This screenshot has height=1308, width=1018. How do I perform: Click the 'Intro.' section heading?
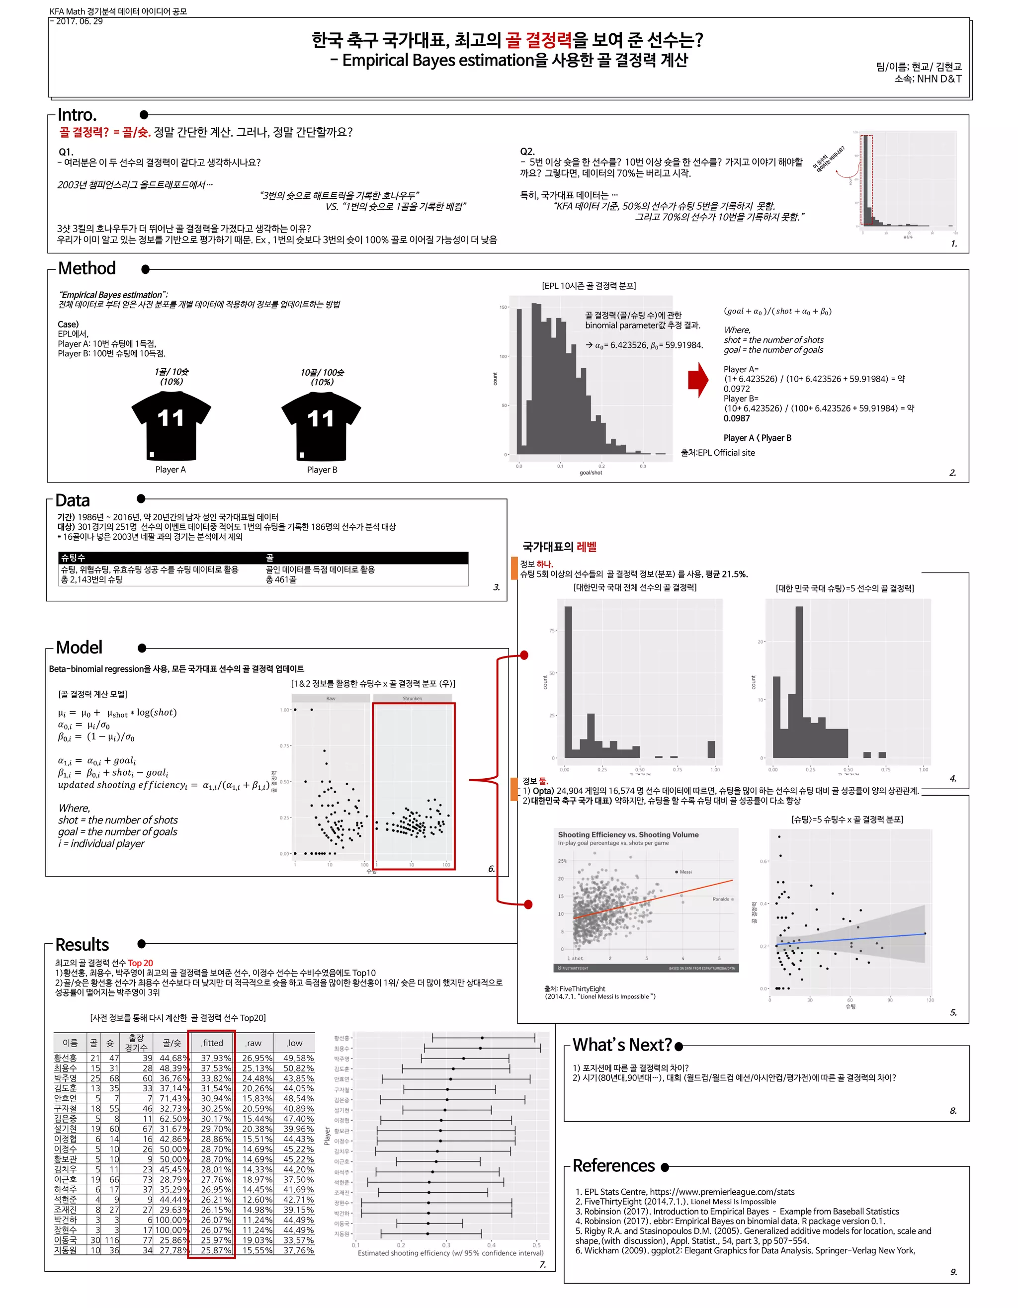point(77,114)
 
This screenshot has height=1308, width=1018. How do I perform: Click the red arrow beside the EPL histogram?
point(698,380)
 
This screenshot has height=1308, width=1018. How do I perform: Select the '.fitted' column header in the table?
point(212,1043)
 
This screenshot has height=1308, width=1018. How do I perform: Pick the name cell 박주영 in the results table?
point(65,1078)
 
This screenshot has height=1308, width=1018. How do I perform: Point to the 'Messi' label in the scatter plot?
point(685,872)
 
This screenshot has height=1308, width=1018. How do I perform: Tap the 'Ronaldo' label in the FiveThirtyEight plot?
point(721,899)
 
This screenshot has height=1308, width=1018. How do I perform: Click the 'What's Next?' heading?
point(622,1045)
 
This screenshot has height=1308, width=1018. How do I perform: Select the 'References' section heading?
point(613,1165)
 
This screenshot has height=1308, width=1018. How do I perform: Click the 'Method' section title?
point(87,268)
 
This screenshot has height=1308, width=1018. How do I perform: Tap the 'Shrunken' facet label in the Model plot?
point(412,698)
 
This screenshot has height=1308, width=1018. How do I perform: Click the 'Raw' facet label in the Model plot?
point(331,698)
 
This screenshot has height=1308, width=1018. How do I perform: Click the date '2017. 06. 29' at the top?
point(79,21)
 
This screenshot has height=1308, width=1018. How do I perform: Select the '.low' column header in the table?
point(294,1043)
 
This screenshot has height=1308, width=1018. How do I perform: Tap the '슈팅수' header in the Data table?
point(73,558)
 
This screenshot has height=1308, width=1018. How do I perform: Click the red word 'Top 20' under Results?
point(140,963)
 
